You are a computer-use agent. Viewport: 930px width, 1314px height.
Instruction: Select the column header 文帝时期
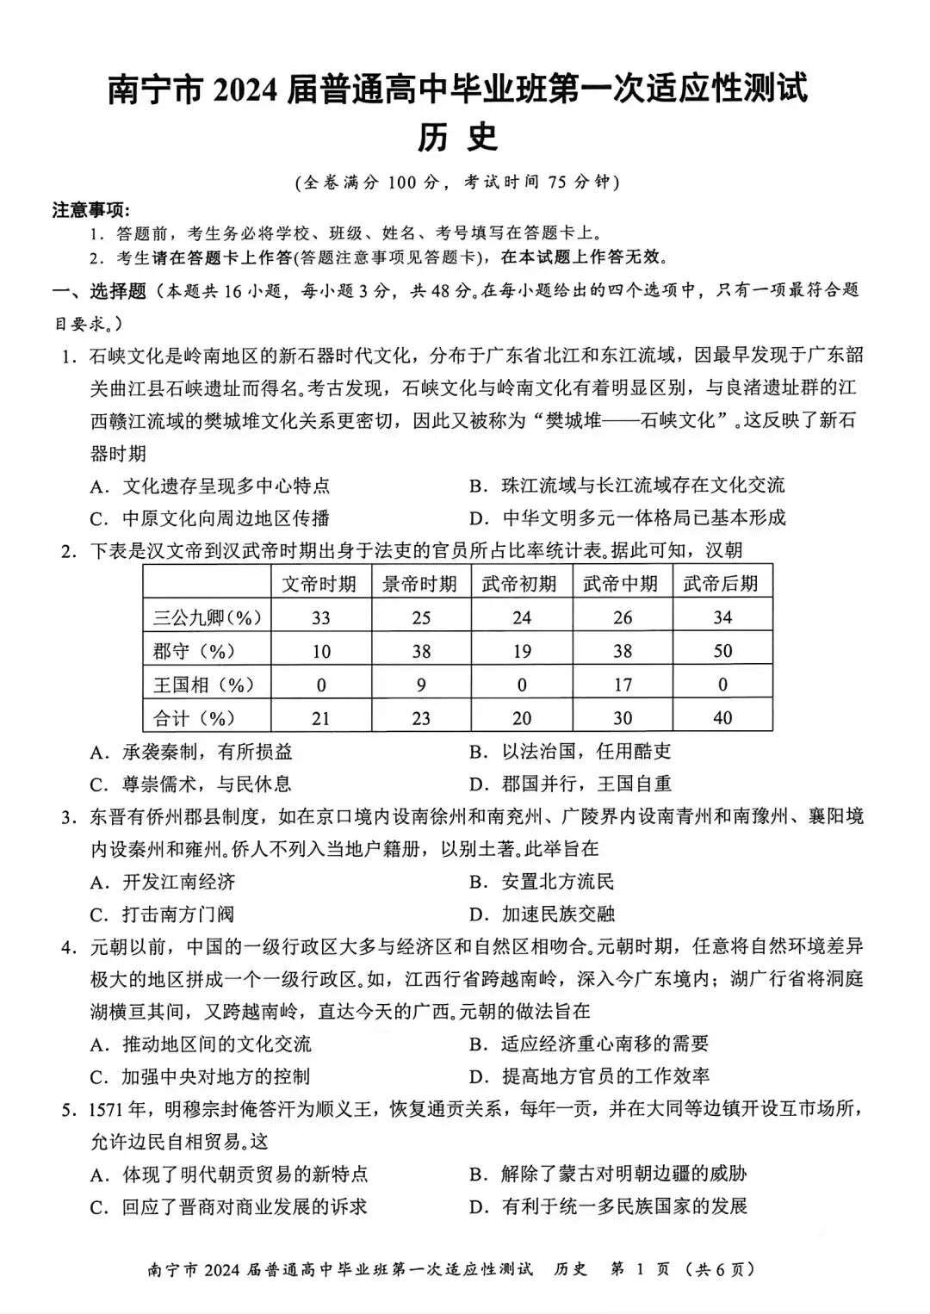(319, 584)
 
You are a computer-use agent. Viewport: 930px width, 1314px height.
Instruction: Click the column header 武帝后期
(722, 584)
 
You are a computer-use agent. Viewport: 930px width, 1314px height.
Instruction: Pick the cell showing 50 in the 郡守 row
(722, 651)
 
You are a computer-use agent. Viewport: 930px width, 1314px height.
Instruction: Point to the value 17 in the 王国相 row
(622, 685)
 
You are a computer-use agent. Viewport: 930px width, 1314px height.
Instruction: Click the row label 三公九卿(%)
(208, 617)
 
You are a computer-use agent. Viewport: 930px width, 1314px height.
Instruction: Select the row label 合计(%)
(195, 718)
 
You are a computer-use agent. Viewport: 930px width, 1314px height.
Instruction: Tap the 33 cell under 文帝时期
(320, 617)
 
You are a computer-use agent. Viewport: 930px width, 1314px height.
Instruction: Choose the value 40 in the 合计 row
(722, 718)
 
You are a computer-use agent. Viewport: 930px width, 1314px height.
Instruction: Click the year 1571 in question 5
(108, 1109)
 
